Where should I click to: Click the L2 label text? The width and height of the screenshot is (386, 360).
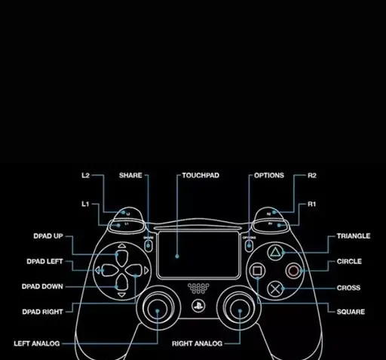click(86, 175)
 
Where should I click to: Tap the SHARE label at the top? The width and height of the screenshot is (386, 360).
click(130, 175)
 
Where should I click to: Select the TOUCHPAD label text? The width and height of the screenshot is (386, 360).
click(201, 175)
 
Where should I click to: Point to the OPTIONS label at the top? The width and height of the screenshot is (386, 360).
click(269, 175)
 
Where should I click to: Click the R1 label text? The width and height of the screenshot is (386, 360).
click(311, 204)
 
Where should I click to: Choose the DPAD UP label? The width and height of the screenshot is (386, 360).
click(48, 236)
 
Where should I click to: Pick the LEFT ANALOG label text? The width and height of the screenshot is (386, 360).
click(37, 343)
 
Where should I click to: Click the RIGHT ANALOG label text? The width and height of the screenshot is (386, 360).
click(198, 343)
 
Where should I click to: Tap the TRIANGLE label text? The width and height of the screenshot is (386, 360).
click(354, 236)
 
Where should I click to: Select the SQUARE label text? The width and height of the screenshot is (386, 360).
click(351, 312)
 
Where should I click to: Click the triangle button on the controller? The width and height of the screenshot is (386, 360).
click(275, 253)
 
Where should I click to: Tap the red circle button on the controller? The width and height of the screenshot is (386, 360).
click(293, 271)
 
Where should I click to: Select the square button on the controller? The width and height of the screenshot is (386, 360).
click(257, 271)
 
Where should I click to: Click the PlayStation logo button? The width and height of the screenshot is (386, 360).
click(198, 306)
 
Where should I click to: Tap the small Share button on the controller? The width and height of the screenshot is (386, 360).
click(149, 245)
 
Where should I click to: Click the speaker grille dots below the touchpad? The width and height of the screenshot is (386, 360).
click(198, 288)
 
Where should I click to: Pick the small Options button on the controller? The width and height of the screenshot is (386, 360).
click(249, 245)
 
